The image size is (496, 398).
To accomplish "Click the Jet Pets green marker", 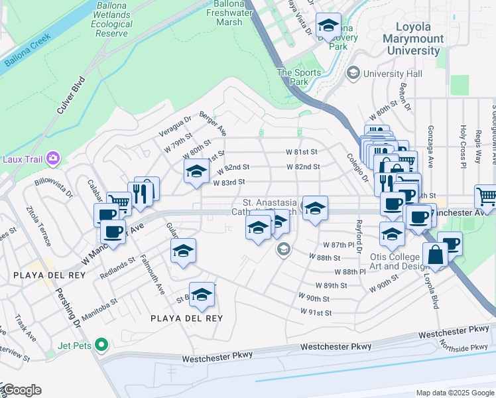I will coord(101,344).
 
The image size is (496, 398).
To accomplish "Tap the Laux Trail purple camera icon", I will coord(53,159).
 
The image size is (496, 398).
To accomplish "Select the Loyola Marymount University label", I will coord(413,38).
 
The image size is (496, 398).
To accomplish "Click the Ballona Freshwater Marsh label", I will coord(229,13).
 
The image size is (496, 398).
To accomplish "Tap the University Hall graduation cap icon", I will coord(353,73).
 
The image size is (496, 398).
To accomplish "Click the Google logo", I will coord(21,390).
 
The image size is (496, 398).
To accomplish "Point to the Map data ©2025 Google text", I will coord(454,393).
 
